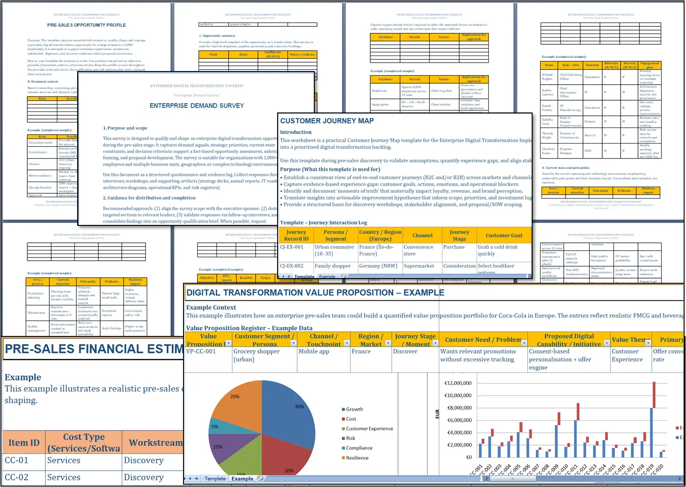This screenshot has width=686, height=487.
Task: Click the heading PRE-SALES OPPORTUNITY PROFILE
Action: tap(87, 25)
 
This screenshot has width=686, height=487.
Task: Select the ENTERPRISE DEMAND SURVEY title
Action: tap(197, 106)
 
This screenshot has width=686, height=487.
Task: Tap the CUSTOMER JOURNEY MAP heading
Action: tap(327, 121)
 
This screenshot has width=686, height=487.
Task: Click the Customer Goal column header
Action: tap(504, 235)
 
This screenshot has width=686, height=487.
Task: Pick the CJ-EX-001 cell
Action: tap(292, 247)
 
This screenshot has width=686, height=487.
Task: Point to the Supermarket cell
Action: tap(419, 266)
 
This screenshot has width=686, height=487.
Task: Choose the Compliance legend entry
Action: tap(359, 448)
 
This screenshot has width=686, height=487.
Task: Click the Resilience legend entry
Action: tap(357, 458)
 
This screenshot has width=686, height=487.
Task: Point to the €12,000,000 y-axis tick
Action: tap(458, 383)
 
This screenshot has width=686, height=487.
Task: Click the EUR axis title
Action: tap(437, 414)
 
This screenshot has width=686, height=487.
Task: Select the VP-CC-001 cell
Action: tap(201, 351)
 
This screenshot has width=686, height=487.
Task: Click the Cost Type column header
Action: tap(84, 442)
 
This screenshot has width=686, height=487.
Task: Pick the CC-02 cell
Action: tap(16, 477)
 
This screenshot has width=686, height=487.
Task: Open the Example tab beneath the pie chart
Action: tap(242, 479)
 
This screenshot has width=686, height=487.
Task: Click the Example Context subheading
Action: tap(211, 307)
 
